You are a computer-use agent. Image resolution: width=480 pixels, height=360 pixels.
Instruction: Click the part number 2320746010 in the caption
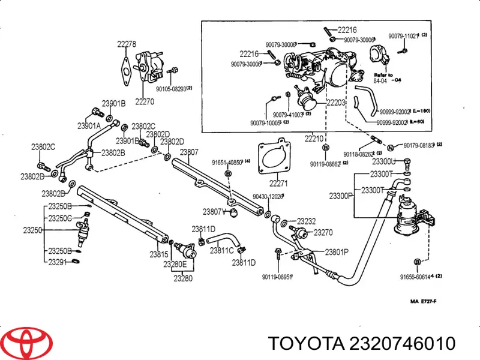[x=398, y=343]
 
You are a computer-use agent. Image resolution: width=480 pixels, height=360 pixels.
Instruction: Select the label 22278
[x=126, y=44]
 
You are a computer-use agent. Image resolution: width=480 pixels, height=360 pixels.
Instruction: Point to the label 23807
[x=189, y=152]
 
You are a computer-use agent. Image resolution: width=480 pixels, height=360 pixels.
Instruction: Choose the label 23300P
[x=340, y=196]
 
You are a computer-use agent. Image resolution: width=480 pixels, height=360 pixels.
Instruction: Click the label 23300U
[x=384, y=161]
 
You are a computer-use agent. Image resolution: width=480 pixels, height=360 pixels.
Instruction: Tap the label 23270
[x=323, y=232]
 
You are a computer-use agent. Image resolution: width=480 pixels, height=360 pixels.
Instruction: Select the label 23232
[x=306, y=220]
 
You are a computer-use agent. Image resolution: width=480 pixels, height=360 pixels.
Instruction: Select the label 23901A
[x=88, y=126]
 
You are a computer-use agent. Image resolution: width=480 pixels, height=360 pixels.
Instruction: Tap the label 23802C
[x=43, y=146]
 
